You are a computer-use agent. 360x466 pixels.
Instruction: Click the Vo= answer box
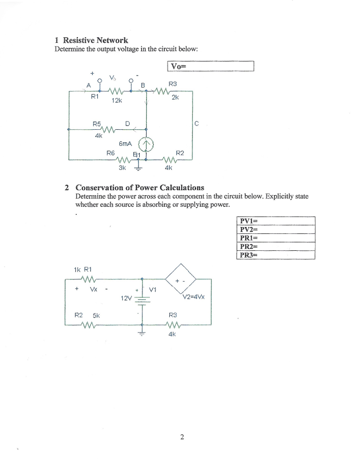coord(210,67)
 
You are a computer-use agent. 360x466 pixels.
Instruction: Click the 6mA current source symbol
coord(147,145)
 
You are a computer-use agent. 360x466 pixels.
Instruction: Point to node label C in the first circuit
coord(197,123)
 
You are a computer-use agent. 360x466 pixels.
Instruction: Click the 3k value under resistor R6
coord(122,167)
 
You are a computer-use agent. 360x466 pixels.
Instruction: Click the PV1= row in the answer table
coord(276,222)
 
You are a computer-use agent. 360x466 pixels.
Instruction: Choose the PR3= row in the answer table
coord(276,255)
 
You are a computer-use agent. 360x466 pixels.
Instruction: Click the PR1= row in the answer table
coord(276,238)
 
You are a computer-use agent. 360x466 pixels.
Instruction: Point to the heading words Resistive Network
coord(96,41)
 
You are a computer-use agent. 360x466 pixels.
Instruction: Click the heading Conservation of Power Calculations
coord(140,187)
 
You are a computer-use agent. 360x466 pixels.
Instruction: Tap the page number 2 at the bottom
coord(182,438)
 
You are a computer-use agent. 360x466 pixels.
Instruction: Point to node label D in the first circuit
coord(127,123)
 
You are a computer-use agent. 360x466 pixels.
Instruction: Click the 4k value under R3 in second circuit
coord(172,334)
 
